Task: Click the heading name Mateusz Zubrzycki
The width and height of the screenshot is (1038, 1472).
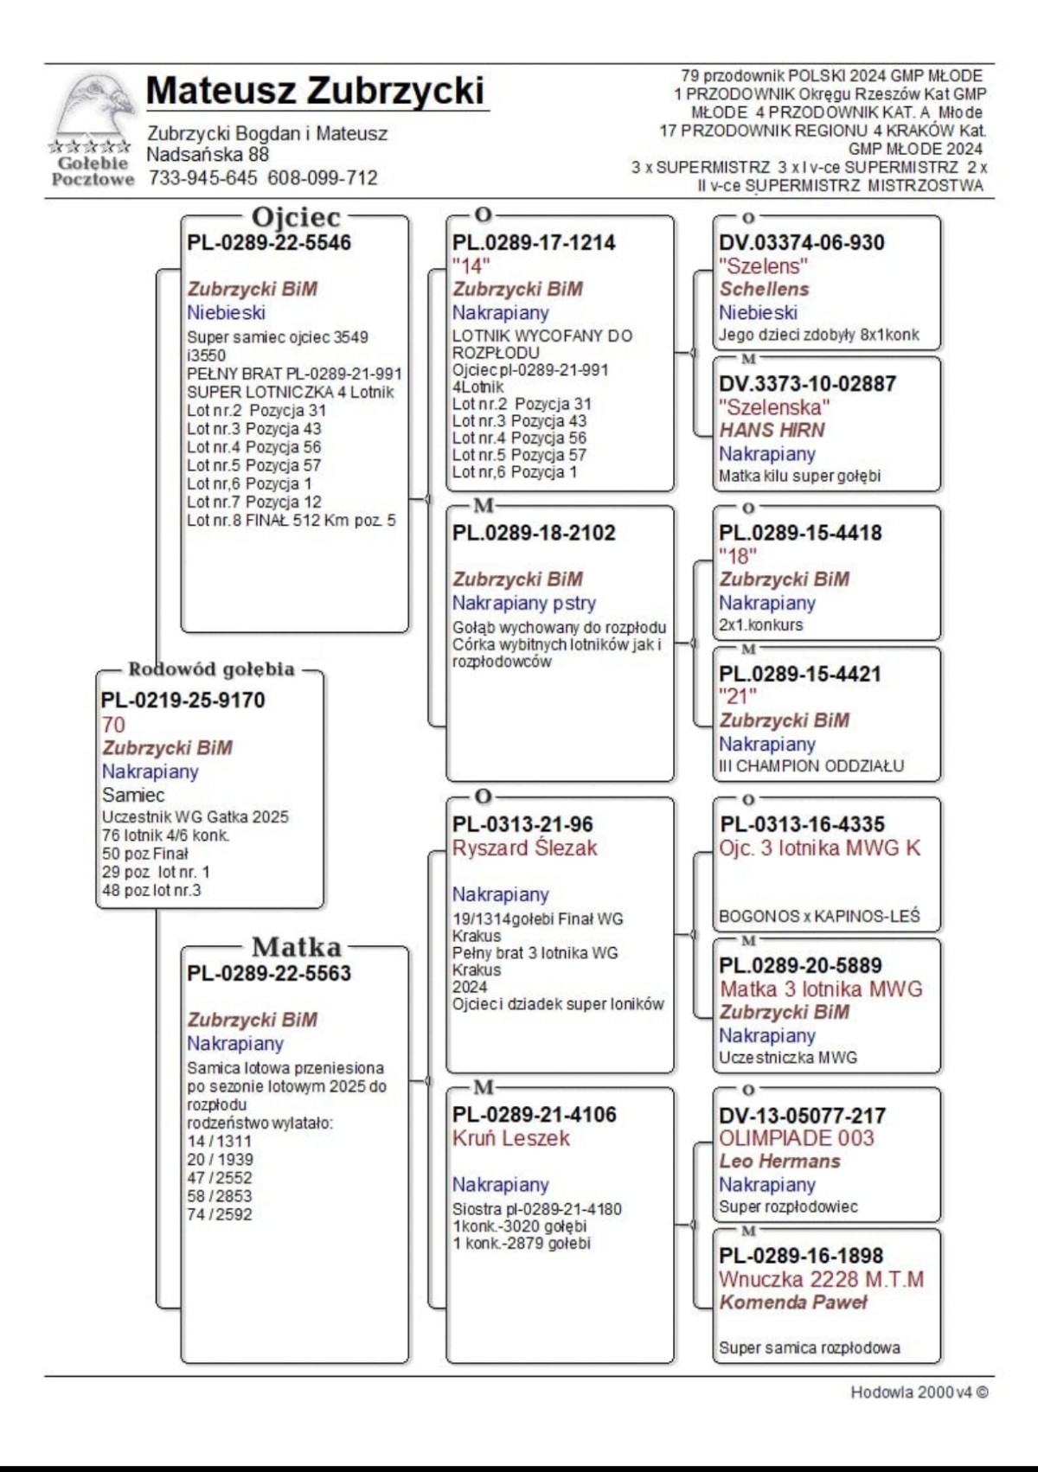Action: pyautogui.click(x=315, y=91)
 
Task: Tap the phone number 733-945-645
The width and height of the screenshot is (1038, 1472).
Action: pyautogui.click(x=202, y=178)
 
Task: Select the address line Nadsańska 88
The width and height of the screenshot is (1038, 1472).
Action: pyautogui.click(x=208, y=155)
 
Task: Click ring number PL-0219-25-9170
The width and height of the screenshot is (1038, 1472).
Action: pyautogui.click(x=183, y=700)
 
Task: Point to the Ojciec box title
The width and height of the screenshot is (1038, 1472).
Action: pyautogui.click(x=296, y=217)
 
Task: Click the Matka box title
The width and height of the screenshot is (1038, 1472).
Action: pyautogui.click(x=296, y=947)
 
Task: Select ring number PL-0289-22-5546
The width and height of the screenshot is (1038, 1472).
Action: pyautogui.click(x=269, y=243)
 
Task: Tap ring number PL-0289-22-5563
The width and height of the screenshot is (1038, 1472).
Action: pyautogui.click(x=269, y=973)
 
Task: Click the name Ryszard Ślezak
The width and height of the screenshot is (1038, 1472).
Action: pyautogui.click(x=524, y=848)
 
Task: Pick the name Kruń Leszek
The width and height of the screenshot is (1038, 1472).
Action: pyautogui.click(x=510, y=1138)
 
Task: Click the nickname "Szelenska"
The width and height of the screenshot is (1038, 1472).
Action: pyautogui.click(x=773, y=406)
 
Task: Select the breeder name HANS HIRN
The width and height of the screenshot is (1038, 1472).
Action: pyautogui.click(x=772, y=430)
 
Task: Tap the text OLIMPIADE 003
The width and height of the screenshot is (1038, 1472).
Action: pyautogui.click(x=796, y=1138)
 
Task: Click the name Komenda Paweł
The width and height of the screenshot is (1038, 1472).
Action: pyautogui.click(x=792, y=1302)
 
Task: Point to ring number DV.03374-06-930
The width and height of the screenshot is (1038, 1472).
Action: pyautogui.click(x=801, y=243)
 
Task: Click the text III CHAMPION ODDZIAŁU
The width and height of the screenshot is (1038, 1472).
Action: pyautogui.click(x=811, y=766)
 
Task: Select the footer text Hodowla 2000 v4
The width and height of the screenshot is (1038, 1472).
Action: pyautogui.click(x=919, y=1392)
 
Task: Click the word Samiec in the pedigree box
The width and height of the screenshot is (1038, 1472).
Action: pyautogui.click(x=133, y=795)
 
